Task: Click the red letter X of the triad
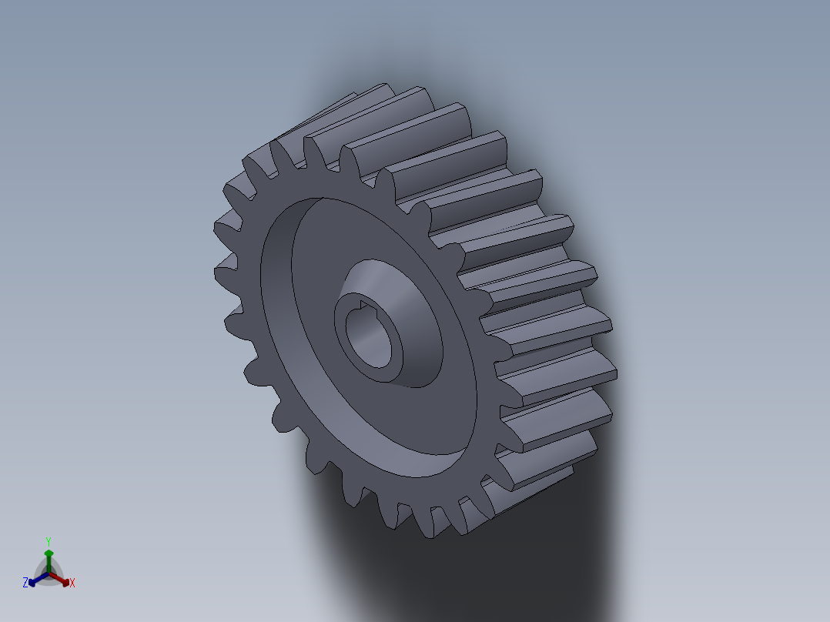point(72,584)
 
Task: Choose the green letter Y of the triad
point(48,541)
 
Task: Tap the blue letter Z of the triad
point(25,584)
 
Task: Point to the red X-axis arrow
point(59,578)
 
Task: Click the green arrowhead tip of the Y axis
point(49,552)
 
